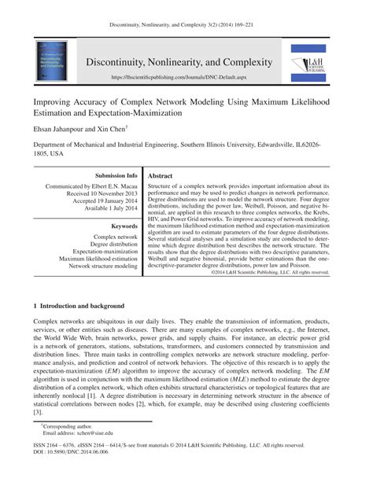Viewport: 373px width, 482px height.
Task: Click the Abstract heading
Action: coord(162,176)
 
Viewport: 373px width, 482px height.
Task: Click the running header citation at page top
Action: coord(186,9)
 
